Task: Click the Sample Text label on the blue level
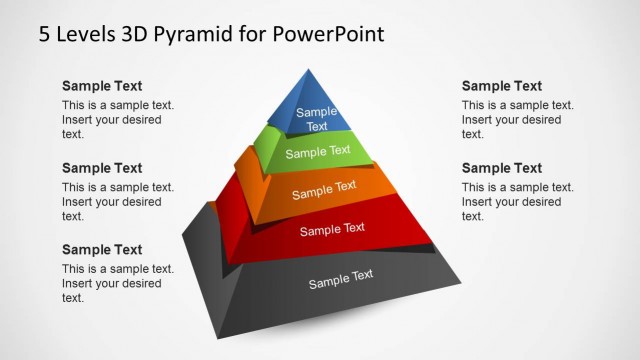click(x=317, y=119)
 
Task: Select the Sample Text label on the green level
click(x=318, y=152)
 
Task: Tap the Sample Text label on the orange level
click(x=324, y=188)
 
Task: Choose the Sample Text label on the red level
click(x=333, y=230)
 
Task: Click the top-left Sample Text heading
click(x=102, y=86)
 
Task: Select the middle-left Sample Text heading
click(x=102, y=168)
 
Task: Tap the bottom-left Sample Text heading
click(x=102, y=250)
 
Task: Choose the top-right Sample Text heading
click(x=502, y=86)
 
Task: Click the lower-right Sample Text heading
click(x=502, y=168)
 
